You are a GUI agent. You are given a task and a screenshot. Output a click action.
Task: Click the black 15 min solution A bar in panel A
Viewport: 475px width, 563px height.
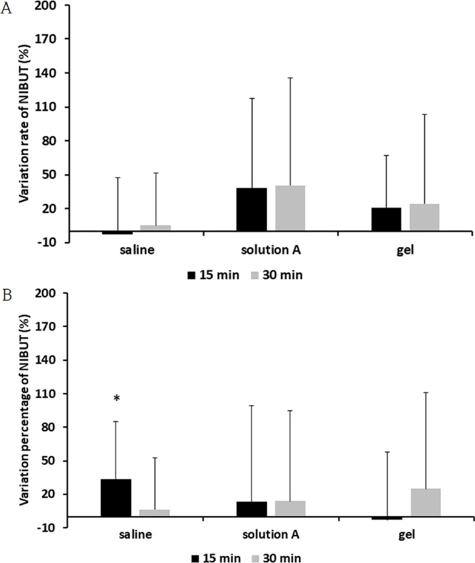tap(251, 209)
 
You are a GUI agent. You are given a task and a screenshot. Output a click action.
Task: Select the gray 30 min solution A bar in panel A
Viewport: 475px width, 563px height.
tap(290, 208)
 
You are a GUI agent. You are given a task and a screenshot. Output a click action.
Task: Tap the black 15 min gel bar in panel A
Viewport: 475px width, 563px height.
tap(386, 220)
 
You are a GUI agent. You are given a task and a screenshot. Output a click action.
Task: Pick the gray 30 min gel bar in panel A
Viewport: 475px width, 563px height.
tap(425, 218)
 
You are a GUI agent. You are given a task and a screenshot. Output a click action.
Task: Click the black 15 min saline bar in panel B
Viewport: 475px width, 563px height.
tap(116, 498)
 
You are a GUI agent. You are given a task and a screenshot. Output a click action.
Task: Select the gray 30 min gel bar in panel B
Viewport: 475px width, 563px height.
tap(425, 502)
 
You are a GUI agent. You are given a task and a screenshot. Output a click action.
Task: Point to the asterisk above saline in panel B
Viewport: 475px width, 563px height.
tap(117, 399)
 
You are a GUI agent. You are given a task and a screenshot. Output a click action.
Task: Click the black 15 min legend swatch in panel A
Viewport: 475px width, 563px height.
tap(192, 275)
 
